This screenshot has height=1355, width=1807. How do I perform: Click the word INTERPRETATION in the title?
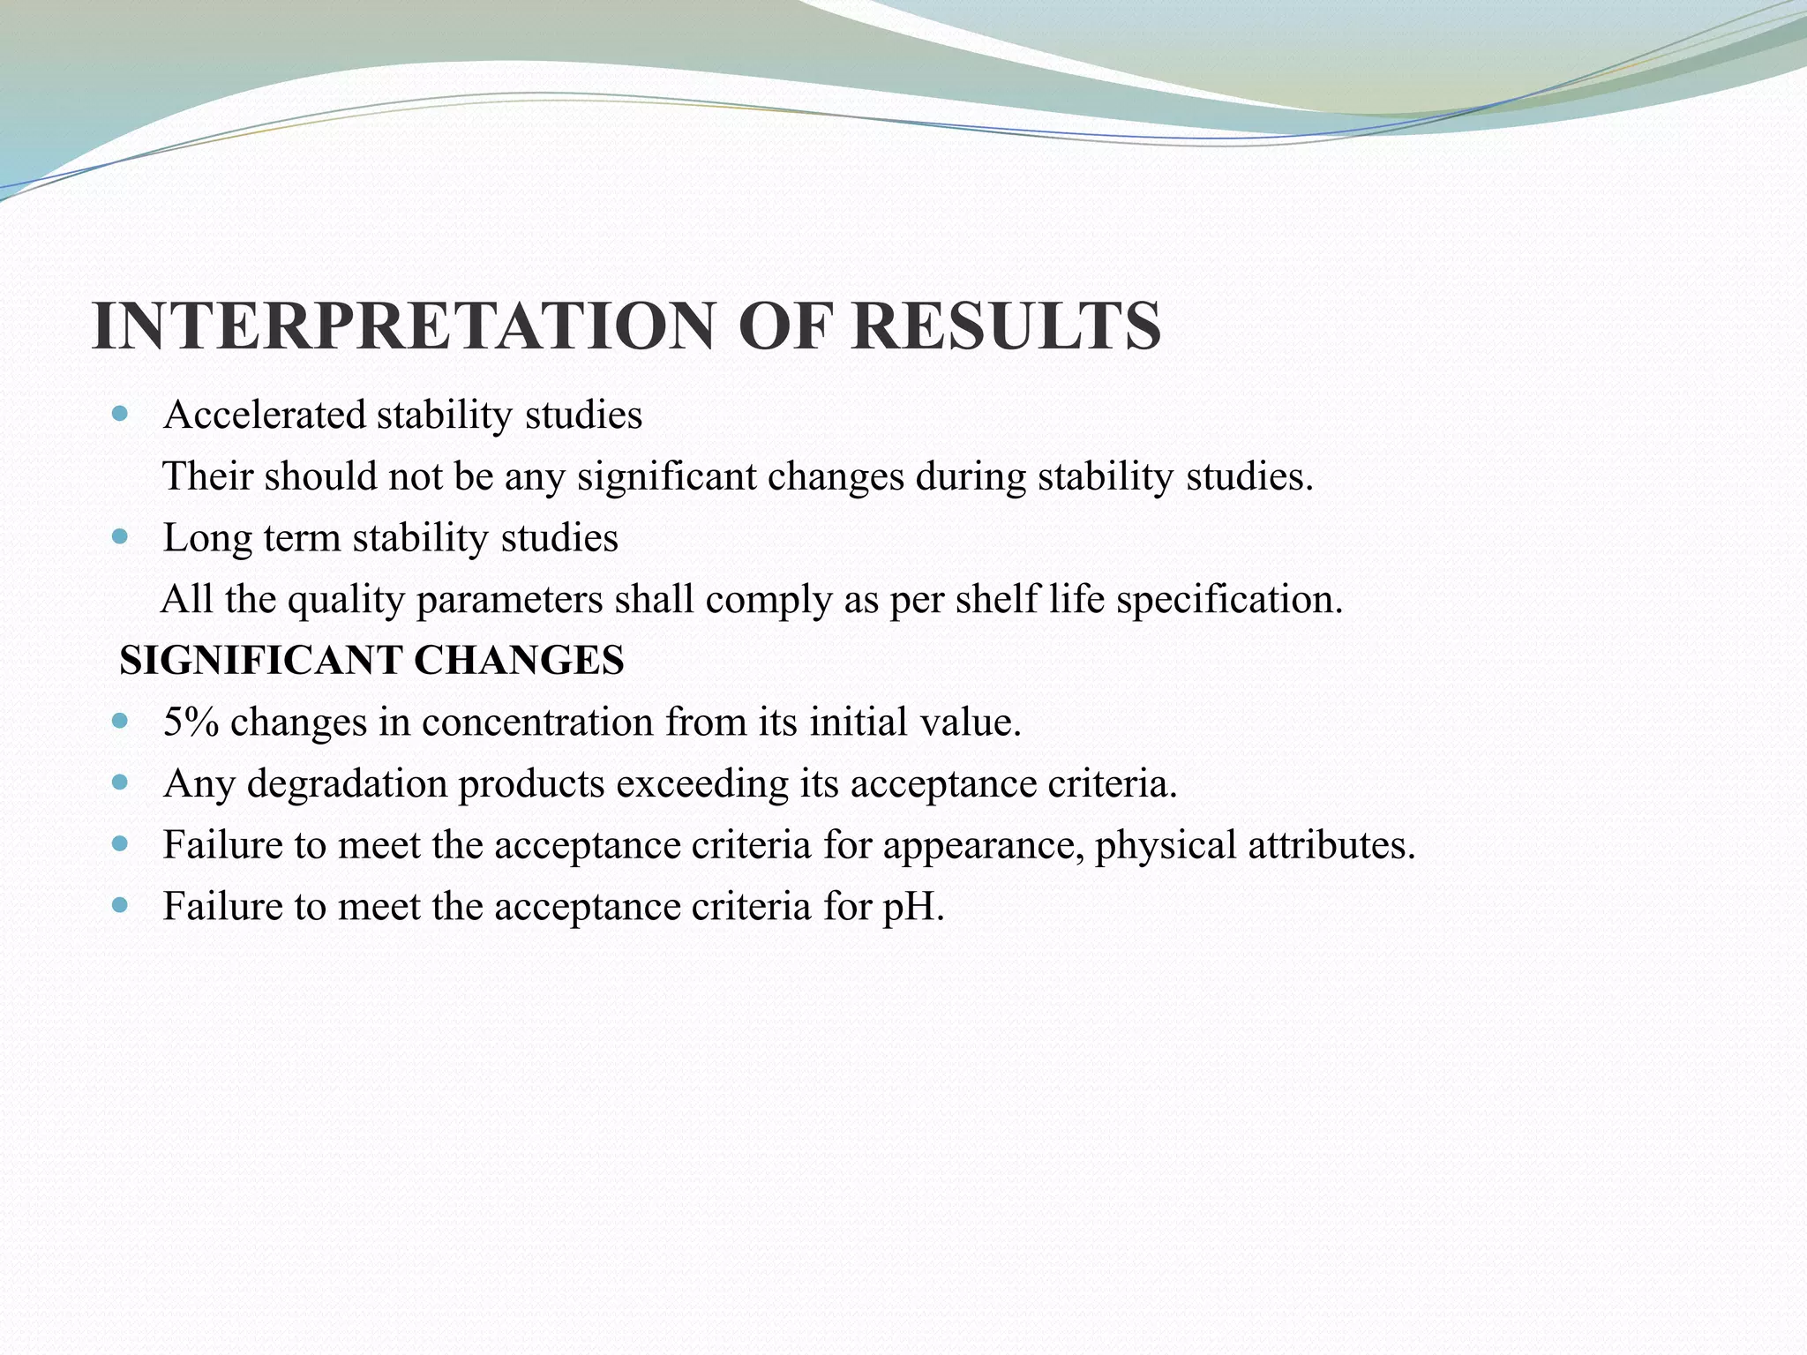point(402,326)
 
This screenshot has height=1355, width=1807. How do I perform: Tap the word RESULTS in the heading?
point(1005,326)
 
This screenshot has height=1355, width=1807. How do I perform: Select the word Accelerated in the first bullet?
point(264,415)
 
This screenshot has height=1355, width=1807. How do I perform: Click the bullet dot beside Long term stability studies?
point(121,536)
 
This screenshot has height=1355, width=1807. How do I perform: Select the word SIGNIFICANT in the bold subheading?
point(260,660)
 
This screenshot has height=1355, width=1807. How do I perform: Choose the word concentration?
point(537,722)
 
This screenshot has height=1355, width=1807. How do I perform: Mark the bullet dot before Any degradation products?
point(121,782)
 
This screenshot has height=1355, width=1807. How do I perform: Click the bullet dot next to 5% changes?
point(121,721)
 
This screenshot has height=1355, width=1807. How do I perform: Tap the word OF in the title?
point(781,326)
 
